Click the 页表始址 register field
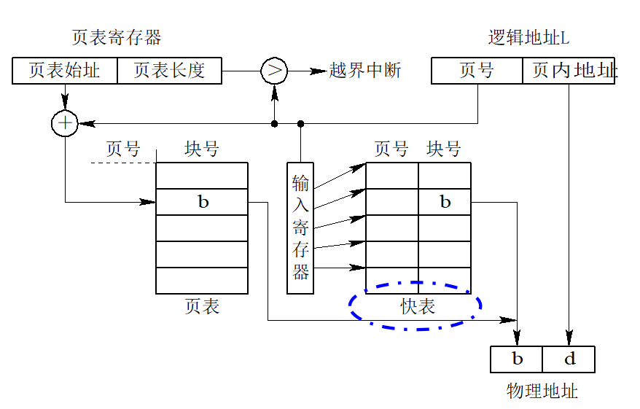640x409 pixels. coord(64,71)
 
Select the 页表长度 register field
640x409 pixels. coord(169,71)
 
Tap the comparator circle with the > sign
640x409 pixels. coord(274,71)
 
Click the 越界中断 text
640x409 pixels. coord(364,71)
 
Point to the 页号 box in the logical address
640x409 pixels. coord(477,71)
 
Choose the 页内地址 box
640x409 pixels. coord(569,71)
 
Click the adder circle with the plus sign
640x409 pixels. coord(65,123)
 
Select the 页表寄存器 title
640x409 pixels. coord(117,37)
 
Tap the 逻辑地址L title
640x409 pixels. coord(528,38)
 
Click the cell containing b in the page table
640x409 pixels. coord(202,202)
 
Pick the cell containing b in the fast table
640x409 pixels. coord(445,202)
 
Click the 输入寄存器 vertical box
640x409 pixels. coord(300,227)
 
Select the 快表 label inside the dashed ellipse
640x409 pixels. coord(417,307)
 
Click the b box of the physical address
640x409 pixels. coord(517,359)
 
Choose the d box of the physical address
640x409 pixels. coord(569,359)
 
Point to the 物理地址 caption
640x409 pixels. coord(542,392)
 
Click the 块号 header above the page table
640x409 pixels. coord(202,149)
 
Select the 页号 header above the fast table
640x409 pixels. coord(391,149)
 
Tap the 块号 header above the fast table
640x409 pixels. coord(444,149)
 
